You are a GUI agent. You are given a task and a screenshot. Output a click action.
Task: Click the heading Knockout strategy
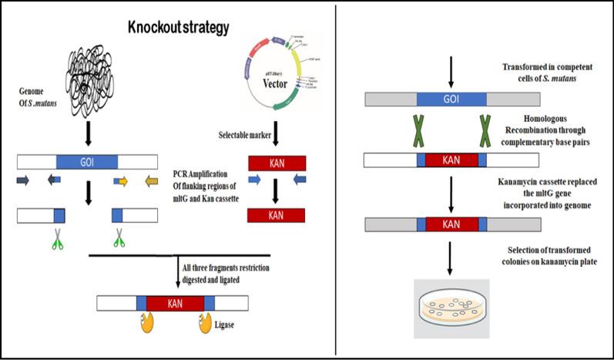click(x=178, y=29)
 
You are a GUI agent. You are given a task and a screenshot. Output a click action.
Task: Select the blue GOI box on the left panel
click(x=87, y=163)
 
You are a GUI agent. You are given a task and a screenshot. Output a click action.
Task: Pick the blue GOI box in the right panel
click(x=451, y=99)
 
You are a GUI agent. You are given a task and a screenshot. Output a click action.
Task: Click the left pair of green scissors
click(x=59, y=237)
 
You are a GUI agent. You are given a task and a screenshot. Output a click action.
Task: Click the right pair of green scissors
click(x=119, y=237)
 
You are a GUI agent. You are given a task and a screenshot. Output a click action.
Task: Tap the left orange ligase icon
click(x=147, y=325)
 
